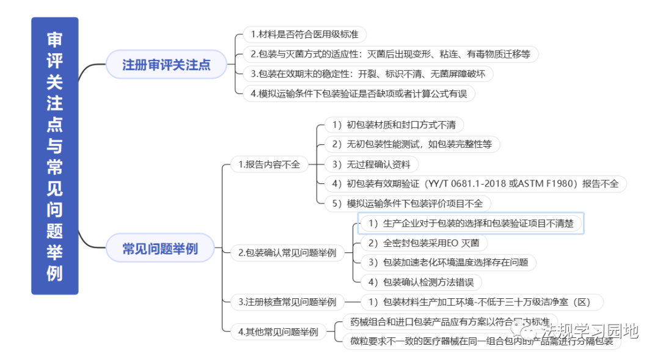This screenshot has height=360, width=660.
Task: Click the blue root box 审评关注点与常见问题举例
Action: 55,156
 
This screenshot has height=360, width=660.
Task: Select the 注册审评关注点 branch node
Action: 166,65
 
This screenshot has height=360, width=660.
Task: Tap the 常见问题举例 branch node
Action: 160,249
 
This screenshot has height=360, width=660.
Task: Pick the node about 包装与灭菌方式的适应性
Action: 390,54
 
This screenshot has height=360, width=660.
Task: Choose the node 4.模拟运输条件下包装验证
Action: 358,94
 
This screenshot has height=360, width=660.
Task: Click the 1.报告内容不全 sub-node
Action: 269,164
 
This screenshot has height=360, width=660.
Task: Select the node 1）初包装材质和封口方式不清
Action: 394,125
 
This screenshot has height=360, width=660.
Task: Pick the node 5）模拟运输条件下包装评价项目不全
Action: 406,204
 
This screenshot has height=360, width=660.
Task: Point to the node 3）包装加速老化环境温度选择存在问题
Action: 449,262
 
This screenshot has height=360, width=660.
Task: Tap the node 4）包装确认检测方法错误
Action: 421,282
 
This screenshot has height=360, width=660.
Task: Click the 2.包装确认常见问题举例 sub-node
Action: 287,253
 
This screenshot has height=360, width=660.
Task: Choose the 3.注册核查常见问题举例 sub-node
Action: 287,302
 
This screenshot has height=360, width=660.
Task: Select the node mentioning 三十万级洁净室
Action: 477,302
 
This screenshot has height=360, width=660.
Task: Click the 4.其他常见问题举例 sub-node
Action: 278,332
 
